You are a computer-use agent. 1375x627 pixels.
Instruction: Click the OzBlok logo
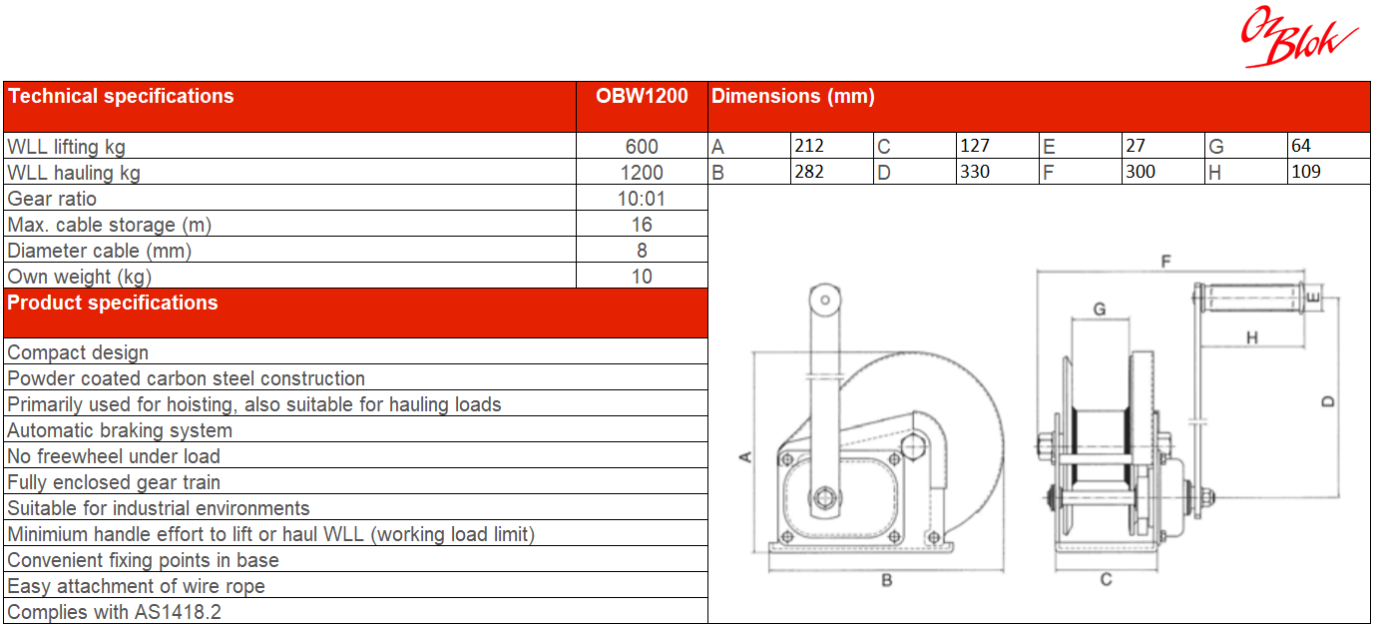coord(1298,37)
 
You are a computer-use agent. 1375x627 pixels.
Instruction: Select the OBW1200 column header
coord(642,96)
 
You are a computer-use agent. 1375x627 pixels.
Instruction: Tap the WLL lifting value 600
coord(642,146)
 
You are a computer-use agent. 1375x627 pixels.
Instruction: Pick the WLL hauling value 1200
coord(642,173)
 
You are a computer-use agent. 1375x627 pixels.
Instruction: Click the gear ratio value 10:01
coord(642,199)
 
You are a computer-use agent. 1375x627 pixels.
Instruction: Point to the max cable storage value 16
coord(642,225)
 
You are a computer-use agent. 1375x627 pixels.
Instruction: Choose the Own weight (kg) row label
coord(79,277)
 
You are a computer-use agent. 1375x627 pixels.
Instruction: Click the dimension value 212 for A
coord(809,146)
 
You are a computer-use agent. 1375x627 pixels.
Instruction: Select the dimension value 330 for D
coord(975,172)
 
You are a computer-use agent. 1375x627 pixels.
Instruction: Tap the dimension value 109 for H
coord(1305,172)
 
